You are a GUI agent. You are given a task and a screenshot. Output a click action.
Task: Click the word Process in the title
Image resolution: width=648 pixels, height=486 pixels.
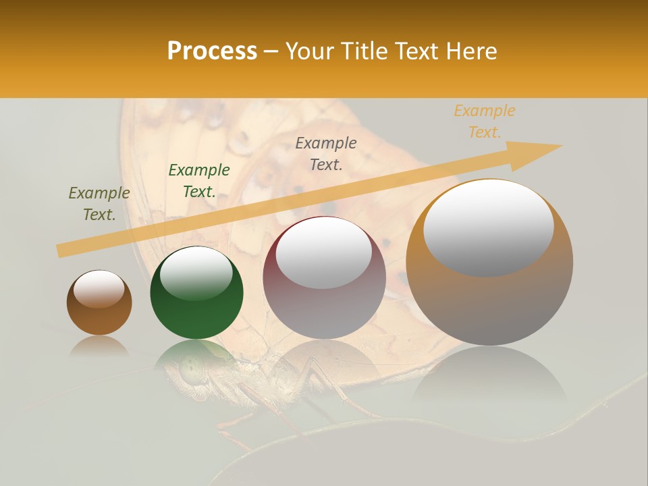click(212, 51)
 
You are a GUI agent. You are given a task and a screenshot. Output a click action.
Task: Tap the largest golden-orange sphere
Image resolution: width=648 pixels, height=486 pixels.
click(489, 290)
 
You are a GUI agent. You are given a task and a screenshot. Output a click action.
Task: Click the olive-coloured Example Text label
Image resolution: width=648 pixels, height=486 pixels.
click(99, 204)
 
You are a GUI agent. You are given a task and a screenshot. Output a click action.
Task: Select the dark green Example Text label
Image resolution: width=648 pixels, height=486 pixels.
click(199, 181)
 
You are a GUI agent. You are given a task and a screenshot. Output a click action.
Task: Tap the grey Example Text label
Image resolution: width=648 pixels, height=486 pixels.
click(326, 153)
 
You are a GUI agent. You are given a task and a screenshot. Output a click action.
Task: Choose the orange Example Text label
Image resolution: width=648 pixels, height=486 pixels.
click(485, 122)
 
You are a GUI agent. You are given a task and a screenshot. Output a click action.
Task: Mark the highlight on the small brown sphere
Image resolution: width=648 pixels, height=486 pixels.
click(99, 289)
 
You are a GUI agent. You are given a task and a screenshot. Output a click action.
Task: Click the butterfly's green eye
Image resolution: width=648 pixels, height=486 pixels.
click(192, 369)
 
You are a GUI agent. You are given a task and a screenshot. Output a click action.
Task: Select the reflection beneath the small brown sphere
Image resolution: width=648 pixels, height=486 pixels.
click(99, 346)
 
